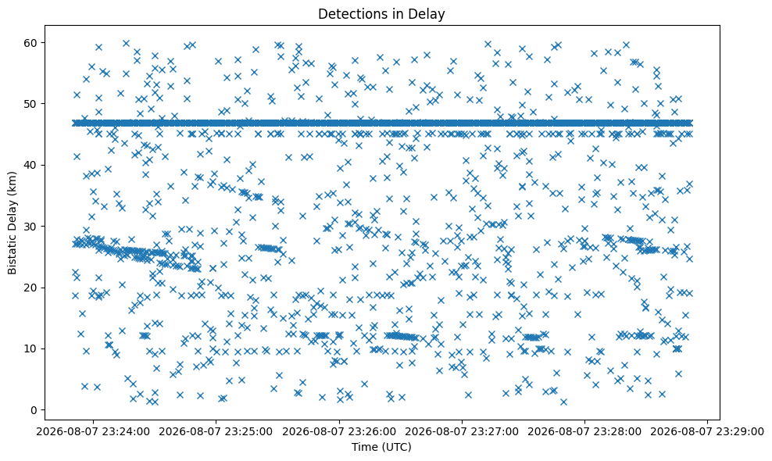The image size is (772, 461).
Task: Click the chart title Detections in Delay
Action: (x=381, y=14)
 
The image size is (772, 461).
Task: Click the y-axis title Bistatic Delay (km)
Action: (x=12, y=223)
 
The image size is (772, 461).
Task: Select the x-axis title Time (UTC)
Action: (x=381, y=447)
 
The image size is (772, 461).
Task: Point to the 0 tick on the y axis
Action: (x=38, y=409)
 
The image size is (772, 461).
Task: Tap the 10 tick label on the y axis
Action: (x=34, y=348)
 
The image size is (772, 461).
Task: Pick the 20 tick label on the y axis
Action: (x=34, y=288)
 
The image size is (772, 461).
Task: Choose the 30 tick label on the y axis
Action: (x=34, y=226)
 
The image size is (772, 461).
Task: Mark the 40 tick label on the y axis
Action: (x=34, y=165)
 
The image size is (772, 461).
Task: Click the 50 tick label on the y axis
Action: (x=34, y=104)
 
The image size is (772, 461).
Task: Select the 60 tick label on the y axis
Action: (x=34, y=43)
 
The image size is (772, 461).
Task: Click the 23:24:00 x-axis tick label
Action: (x=93, y=432)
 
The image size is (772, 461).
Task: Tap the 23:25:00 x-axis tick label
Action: (x=216, y=432)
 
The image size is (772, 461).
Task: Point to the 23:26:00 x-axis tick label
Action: (x=339, y=432)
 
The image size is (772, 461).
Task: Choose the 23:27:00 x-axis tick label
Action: (x=462, y=432)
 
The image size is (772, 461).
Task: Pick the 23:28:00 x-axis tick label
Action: (x=585, y=432)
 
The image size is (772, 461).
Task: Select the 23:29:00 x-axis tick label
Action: (x=707, y=432)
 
